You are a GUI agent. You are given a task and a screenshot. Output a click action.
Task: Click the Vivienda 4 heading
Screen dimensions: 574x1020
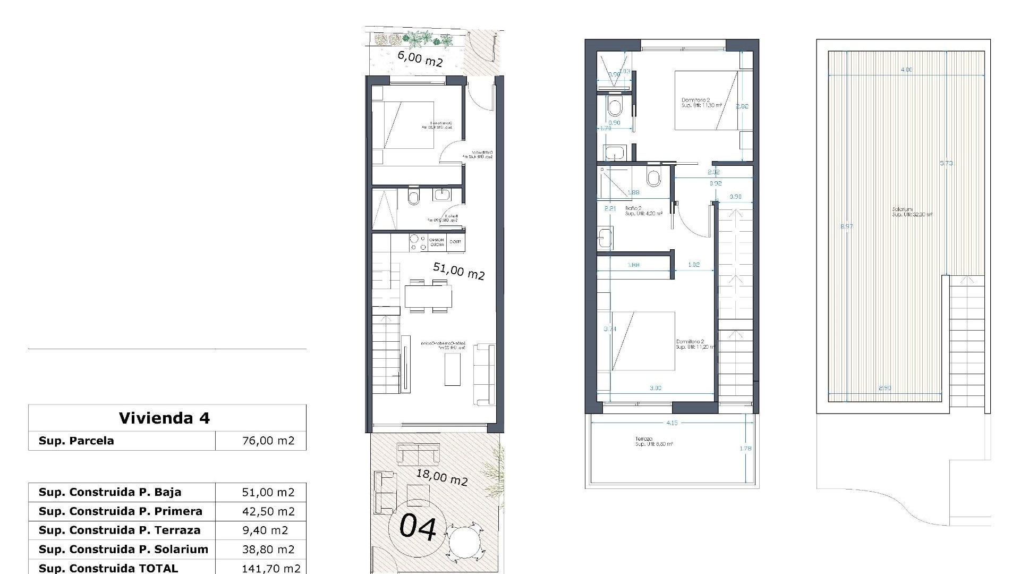[164, 418]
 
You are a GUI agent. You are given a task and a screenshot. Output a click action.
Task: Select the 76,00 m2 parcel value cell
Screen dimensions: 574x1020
[268, 441]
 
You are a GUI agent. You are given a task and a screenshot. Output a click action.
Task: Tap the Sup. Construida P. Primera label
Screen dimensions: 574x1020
[120, 511]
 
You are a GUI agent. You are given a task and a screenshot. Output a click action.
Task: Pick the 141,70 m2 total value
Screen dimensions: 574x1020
[271, 568]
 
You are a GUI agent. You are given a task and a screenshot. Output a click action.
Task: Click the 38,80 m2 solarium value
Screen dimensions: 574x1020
[268, 550]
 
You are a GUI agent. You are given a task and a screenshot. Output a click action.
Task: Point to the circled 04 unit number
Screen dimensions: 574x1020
[418, 527]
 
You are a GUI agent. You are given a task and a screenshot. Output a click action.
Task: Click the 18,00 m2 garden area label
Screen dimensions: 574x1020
[441, 477]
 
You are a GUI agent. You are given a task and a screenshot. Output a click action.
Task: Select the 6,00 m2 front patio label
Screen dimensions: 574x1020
[420, 58]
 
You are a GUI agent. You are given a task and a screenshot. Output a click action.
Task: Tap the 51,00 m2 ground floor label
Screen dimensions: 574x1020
[458, 271]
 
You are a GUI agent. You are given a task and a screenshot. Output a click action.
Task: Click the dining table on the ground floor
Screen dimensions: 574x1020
[428, 296]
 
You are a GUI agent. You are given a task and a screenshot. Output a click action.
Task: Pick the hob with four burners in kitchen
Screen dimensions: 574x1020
[418, 243]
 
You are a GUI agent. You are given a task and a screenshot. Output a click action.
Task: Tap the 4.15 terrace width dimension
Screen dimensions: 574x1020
[671, 423]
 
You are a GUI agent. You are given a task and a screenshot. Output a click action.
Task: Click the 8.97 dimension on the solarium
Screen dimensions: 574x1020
[846, 226]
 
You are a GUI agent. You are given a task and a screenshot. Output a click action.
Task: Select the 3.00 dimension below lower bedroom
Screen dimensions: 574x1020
[656, 388]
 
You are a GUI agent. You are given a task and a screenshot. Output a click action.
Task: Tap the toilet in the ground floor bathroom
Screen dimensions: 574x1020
[413, 198]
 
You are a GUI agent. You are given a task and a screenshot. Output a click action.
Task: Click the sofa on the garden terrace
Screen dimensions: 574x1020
[418, 454]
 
